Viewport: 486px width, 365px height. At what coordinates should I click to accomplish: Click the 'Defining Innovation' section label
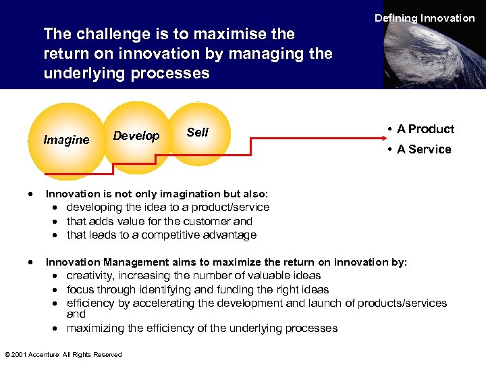(x=425, y=18)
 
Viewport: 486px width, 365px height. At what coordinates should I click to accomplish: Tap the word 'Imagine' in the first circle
(x=66, y=140)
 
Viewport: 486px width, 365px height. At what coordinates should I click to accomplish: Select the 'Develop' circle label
(x=136, y=136)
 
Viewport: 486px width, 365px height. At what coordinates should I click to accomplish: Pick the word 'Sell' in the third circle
(x=197, y=132)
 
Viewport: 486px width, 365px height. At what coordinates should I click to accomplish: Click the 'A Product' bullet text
(x=425, y=129)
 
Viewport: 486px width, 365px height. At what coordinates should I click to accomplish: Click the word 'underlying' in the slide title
(x=82, y=73)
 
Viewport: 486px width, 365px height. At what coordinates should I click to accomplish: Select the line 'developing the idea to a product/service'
(x=167, y=208)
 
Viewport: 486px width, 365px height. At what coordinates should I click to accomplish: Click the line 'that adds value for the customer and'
(x=159, y=221)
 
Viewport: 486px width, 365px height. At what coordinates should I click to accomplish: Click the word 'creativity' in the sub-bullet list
(x=90, y=276)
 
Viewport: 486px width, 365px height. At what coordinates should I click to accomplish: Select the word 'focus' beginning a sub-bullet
(x=80, y=289)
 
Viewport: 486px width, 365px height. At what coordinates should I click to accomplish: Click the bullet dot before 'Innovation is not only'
(x=32, y=193)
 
